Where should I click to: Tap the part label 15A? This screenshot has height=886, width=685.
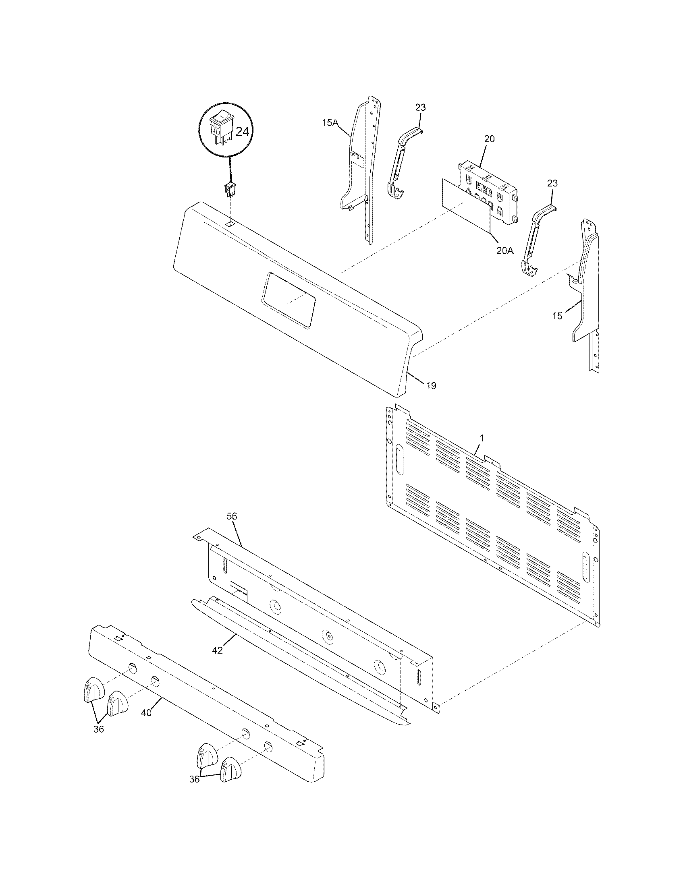pos(330,122)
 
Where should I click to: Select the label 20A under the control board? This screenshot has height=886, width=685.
pos(505,250)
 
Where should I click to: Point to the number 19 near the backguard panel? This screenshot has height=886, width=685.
pos(431,386)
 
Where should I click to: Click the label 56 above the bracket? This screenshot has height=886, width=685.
pos(232,516)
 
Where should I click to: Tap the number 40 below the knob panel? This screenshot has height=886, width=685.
pos(146,713)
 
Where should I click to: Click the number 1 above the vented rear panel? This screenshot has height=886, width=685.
pos(482,438)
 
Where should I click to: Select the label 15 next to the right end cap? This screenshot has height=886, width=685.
pos(557,316)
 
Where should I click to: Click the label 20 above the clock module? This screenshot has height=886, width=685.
pos(490,139)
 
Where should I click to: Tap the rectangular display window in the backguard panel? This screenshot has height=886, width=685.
pos(289,300)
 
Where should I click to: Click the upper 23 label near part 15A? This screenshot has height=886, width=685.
pos(420,108)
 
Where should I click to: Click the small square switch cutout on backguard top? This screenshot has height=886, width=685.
pos(230,224)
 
